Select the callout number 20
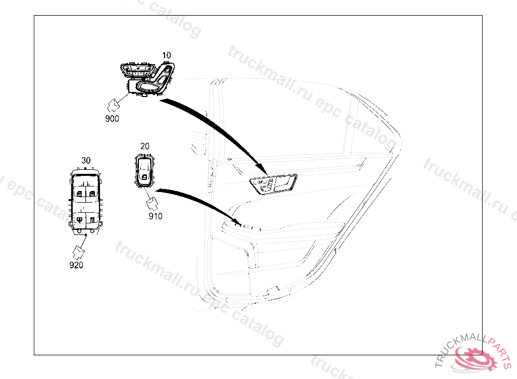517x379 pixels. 145,146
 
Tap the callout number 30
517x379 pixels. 86,160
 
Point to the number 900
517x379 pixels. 112,119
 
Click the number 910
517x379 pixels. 156,216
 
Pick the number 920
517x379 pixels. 76,264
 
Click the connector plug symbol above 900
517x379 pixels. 114,105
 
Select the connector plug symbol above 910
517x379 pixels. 152,204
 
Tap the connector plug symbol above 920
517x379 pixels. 79,251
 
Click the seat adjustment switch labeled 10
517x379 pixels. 148,78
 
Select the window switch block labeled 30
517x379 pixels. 85,202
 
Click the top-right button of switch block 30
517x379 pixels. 92,193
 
